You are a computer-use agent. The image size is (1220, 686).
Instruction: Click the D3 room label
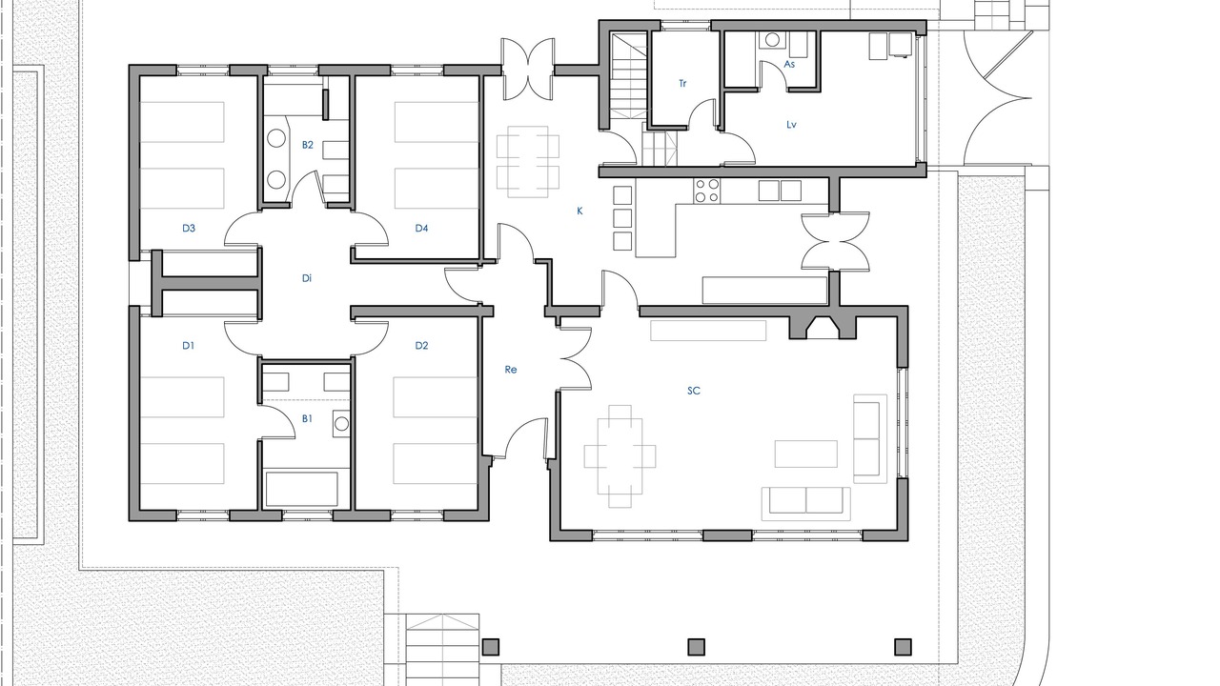[189, 228]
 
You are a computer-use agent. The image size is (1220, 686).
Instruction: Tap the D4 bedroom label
[421, 228]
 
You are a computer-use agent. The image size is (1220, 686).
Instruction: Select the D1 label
[188, 346]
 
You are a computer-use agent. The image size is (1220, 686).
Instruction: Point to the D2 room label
[421, 346]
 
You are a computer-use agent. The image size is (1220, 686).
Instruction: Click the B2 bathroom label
[308, 145]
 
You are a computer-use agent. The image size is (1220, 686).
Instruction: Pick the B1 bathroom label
[307, 418]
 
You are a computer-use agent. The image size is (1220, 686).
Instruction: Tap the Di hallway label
[307, 279]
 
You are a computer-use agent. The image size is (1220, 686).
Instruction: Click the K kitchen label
[580, 212]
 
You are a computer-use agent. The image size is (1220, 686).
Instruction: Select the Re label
[510, 370]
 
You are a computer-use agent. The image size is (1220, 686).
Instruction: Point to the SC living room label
[693, 391]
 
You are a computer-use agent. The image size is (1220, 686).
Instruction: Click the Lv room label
[791, 125]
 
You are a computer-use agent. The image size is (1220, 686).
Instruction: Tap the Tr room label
[682, 84]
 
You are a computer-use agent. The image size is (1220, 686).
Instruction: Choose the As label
[789, 64]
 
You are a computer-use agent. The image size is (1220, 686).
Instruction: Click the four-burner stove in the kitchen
[706, 192]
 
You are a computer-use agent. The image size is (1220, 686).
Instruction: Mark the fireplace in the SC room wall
[823, 327]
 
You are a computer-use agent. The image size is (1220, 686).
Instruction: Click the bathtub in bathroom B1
[302, 489]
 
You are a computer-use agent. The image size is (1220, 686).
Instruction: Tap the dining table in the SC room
[620, 456]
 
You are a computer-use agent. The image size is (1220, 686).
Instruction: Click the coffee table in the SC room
[806, 454]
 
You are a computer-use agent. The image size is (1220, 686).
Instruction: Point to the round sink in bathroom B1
[342, 424]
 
